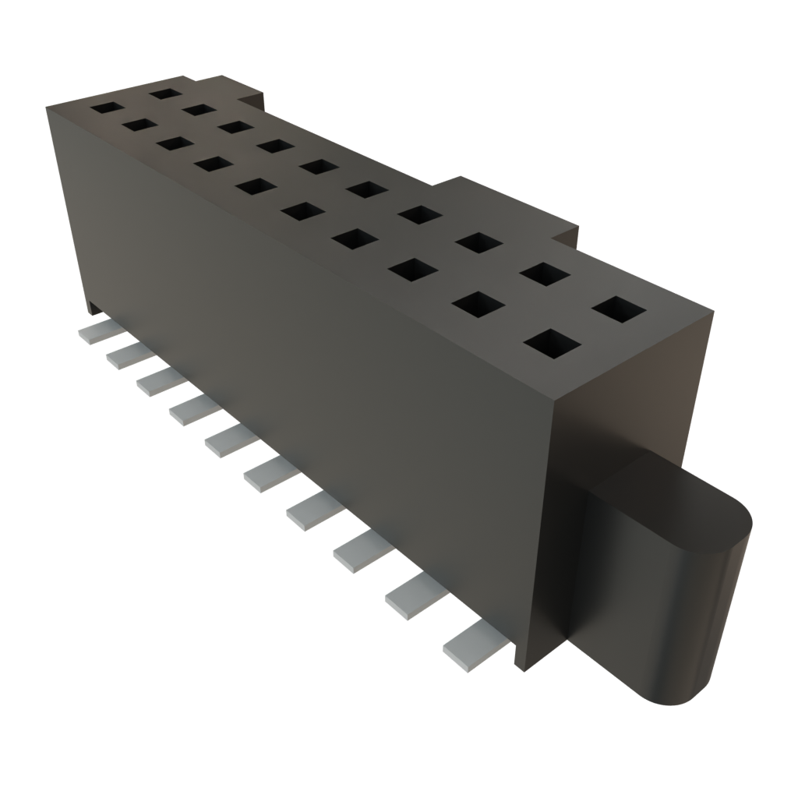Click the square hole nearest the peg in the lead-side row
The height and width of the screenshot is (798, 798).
tap(553, 343)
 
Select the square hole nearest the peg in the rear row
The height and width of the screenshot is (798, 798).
tap(620, 309)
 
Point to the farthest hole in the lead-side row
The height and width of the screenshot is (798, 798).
tap(105, 107)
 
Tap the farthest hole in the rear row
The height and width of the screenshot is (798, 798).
tap(164, 94)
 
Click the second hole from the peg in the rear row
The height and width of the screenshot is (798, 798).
tap(542, 274)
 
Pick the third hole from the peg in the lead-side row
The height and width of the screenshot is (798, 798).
tap(413, 270)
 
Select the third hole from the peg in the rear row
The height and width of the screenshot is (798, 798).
tap(478, 242)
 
